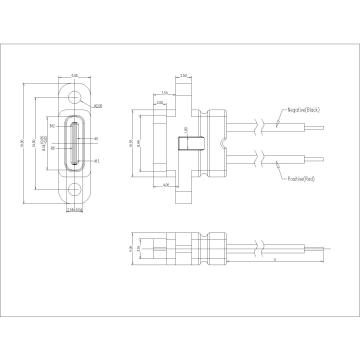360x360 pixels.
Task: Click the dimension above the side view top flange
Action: (186, 74)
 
